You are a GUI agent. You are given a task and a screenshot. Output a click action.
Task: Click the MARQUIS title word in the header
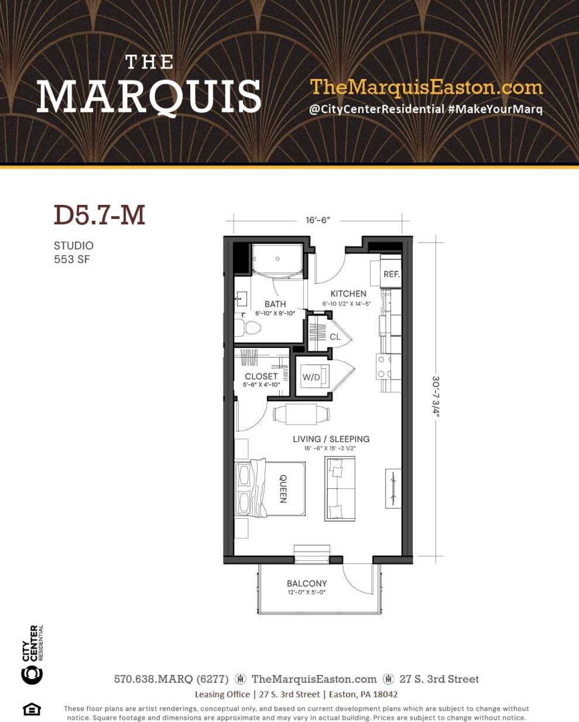tap(149, 97)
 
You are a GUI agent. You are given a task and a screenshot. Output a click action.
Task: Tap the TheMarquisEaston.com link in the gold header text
tap(426, 87)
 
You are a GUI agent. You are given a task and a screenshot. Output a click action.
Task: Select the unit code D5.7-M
tap(100, 215)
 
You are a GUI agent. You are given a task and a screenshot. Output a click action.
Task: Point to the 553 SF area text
tap(72, 259)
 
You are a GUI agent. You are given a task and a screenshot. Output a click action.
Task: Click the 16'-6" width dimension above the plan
tap(318, 220)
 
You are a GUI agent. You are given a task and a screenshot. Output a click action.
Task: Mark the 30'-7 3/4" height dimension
tap(436, 396)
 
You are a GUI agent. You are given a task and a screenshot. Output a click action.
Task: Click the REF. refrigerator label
tap(391, 274)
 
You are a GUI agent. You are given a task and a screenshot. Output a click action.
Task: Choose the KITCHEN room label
tap(348, 293)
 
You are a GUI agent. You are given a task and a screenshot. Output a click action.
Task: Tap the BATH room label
tap(275, 304)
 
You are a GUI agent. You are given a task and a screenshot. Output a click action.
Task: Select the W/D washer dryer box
tap(312, 378)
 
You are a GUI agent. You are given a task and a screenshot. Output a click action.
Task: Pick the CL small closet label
tap(335, 337)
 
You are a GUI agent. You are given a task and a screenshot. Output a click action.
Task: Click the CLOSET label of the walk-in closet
tap(261, 377)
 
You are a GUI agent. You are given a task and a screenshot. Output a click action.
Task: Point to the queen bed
tap(270, 488)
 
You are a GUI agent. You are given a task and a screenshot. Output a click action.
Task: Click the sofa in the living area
tap(340, 488)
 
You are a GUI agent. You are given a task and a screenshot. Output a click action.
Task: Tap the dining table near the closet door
tap(302, 414)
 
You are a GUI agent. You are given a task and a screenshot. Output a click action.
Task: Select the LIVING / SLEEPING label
tap(331, 439)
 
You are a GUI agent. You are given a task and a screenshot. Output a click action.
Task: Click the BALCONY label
tap(307, 583)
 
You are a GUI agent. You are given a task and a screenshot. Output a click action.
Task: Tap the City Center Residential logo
tap(32, 655)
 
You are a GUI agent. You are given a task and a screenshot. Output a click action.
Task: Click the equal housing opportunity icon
tap(32, 709)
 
